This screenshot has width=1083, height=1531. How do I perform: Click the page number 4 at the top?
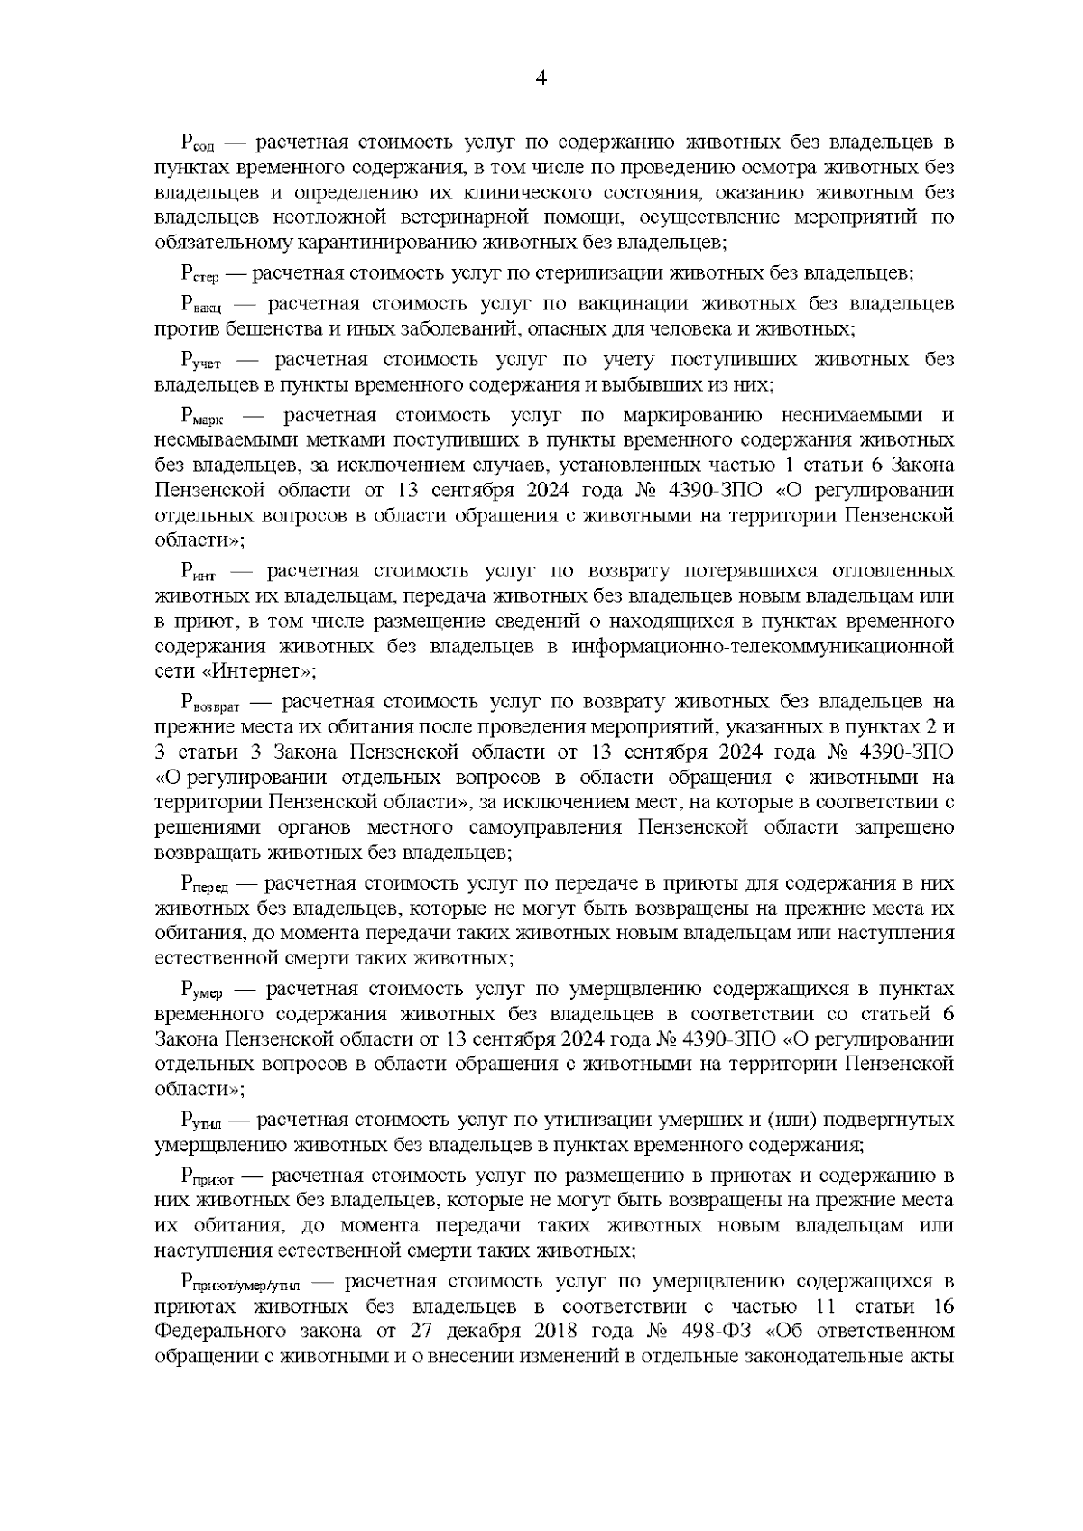(541, 78)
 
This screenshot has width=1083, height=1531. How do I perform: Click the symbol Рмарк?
(204, 417)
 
